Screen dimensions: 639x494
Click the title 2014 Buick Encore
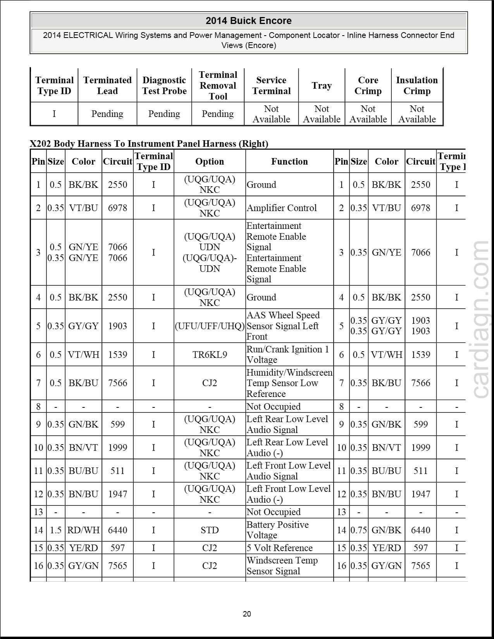pyautogui.click(x=248, y=21)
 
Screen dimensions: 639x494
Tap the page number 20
pyautogui.click(x=247, y=614)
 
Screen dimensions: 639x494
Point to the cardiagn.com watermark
pyautogui.click(x=481, y=319)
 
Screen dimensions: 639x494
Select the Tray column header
pyautogui.click(x=322, y=86)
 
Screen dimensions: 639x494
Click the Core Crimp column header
pyautogui.click(x=368, y=86)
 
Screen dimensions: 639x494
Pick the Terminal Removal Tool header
pyautogui.click(x=218, y=86)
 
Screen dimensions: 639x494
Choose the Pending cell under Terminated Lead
pyautogui.click(x=107, y=114)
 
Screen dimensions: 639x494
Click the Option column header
pyautogui.click(x=210, y=161)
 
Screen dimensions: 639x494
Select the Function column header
pyautogui.click(x=289, y=161)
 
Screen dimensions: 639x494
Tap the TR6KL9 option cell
pyautogui.click(x=210, y=354)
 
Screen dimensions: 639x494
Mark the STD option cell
pyautogui.click(x=210, y=530)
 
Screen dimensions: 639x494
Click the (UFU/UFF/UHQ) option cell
pyautogui.click(x=210, y=326)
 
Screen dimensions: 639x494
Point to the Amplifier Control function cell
pyautogui.click(x=282, y=208)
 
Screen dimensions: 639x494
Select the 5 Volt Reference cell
pyautogui.click(x=279, y=548)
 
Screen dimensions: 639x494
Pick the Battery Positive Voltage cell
pyautogui.click(x=277, y=530)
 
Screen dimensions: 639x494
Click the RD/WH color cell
pyautogui.click(x=83, y=530)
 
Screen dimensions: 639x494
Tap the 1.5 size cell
pyautogui.click(x=56, y=530)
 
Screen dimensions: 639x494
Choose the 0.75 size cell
pyautogui.click(x=359, y=530)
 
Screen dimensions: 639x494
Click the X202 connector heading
pyautogui.click(x=149, y=144)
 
